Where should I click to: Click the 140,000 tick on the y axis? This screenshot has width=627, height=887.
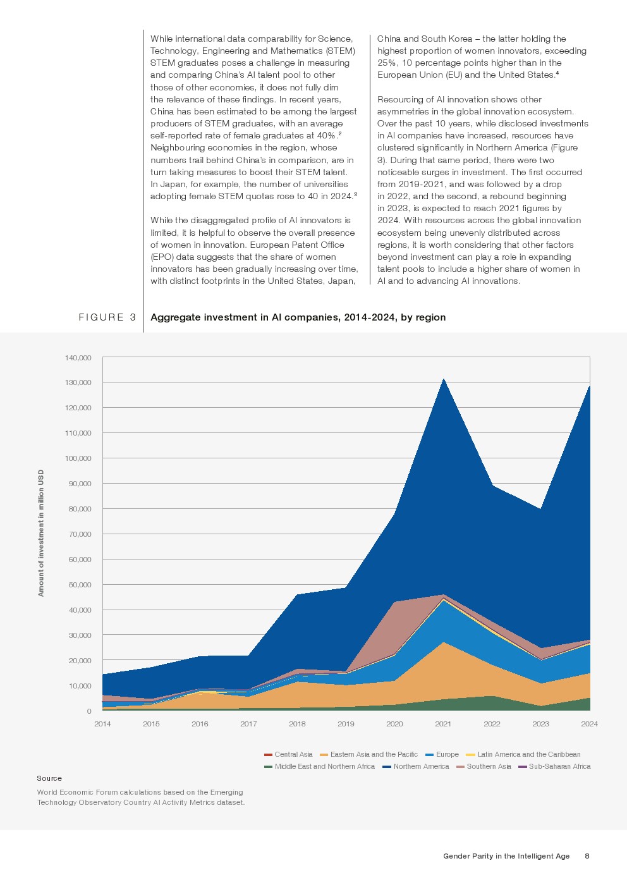pyautogui.click(x=78, y=358)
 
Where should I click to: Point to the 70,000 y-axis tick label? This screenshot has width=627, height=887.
pyautogui.click(x=80, y=534)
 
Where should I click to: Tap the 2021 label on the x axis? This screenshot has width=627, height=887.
pyautogui.click(x=443, y=724)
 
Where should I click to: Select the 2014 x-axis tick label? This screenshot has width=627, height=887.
pyautogui.click(x=102, y=724)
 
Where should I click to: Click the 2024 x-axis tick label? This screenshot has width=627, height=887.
pyautogui.click(x=589, y=724)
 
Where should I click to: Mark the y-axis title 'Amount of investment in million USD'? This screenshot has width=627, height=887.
pyautogui.click(x=41, y=533)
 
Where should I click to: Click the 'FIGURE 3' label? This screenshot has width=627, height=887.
pyautogui.click(x=107, y=317)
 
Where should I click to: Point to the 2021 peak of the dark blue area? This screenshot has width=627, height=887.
pyautogui.click(x=444, y=379)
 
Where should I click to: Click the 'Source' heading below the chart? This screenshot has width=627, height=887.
pyautogui.click(x=49, y=778)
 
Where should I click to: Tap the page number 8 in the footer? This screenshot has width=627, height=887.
pyautogui.click(x=587, y=856)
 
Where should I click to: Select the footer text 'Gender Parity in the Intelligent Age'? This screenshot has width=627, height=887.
pyautogui.click(x=506, y=856)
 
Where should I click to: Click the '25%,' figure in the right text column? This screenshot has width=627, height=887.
pyautogui.click(x=387, y=63)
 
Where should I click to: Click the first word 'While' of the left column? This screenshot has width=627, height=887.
pyautogui.click(x=161, y=39)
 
